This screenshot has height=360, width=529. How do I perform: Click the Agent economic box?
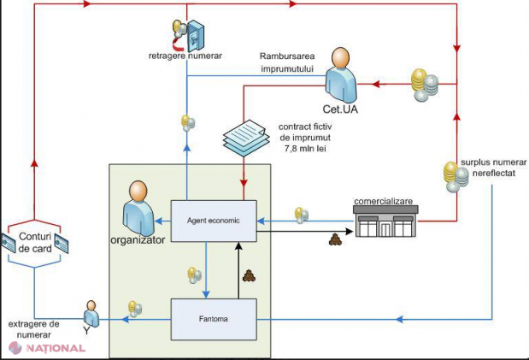pyautogui.click(x=214, y=221)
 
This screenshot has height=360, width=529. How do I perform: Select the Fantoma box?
pyautogui.click(x=214, y=319)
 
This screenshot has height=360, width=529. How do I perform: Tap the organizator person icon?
pyautogui.click(x=138, y=208)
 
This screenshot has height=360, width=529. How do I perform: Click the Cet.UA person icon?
pyautogui.click(x=341, y=75)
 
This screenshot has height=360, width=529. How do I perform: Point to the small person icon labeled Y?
pyautogui.click(x=91, y=314)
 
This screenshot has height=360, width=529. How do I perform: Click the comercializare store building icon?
pyautogui.click(x=385, y=221)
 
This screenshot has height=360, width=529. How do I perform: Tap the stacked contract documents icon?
pyautogui.click(x=246, y=138)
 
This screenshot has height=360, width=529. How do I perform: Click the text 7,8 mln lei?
pyautogui.click(x=305, y=149)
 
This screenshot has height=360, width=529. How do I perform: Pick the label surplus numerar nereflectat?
pyautogui.click(x=494, y=168)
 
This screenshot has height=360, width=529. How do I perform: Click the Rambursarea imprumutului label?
pyautogui.click(x=287, y=62)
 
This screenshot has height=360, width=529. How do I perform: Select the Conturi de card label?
pyautogui.click(x=35, y=243)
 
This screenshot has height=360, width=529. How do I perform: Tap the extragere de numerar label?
pyautogui.click(x=33, y=329)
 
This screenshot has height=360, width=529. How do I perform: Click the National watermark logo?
pyautogui.click(x=47, y=348)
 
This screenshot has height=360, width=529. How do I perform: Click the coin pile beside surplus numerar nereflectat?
pyautogui.click(x=456, y=177)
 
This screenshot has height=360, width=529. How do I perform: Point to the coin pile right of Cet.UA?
pyautogui.click(x=425, y=85)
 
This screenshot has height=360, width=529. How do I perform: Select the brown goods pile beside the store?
pyautogui.click(x=334, y=239)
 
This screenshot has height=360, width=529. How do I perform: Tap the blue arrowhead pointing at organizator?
pyautogui.click(x=158, y=221)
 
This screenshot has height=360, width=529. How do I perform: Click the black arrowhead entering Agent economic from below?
pyautogui.click(x=238, y=246)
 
